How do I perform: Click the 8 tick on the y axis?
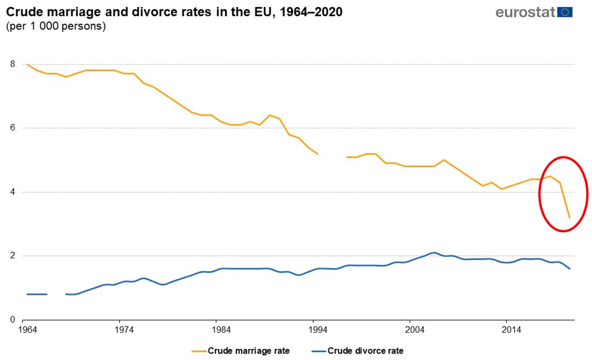(12, 64)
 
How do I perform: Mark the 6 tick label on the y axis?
(12, 128)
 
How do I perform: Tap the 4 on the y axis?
(12, 192)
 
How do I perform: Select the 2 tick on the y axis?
(12, 256)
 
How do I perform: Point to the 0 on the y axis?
(12, 320)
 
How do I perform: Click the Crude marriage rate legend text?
(249, 350)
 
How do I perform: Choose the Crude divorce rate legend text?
(365, 350)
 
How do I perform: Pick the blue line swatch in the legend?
(317, 350)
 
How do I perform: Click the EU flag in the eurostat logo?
(565, 12)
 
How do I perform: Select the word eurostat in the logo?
(526, 12)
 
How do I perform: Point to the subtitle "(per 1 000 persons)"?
(55, 27)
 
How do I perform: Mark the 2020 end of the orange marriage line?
(569, 217)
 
